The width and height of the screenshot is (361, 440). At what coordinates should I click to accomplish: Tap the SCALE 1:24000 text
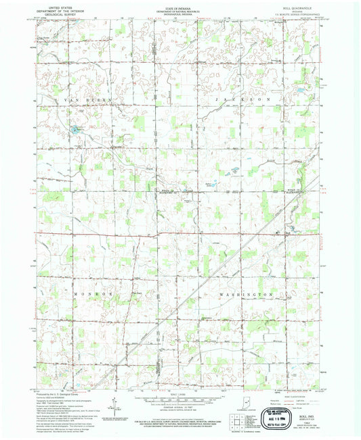click(179, 394)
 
